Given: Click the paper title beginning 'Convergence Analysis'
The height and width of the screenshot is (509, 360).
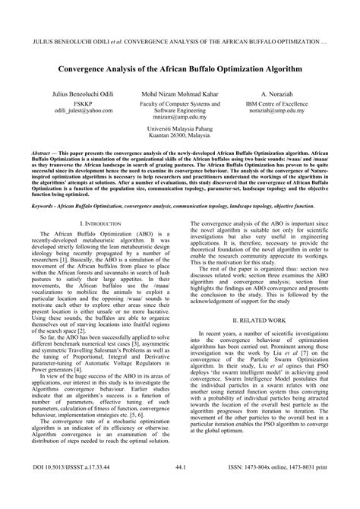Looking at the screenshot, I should pos(179,68).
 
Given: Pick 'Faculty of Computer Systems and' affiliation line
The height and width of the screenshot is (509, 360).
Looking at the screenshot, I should pos(179,104).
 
